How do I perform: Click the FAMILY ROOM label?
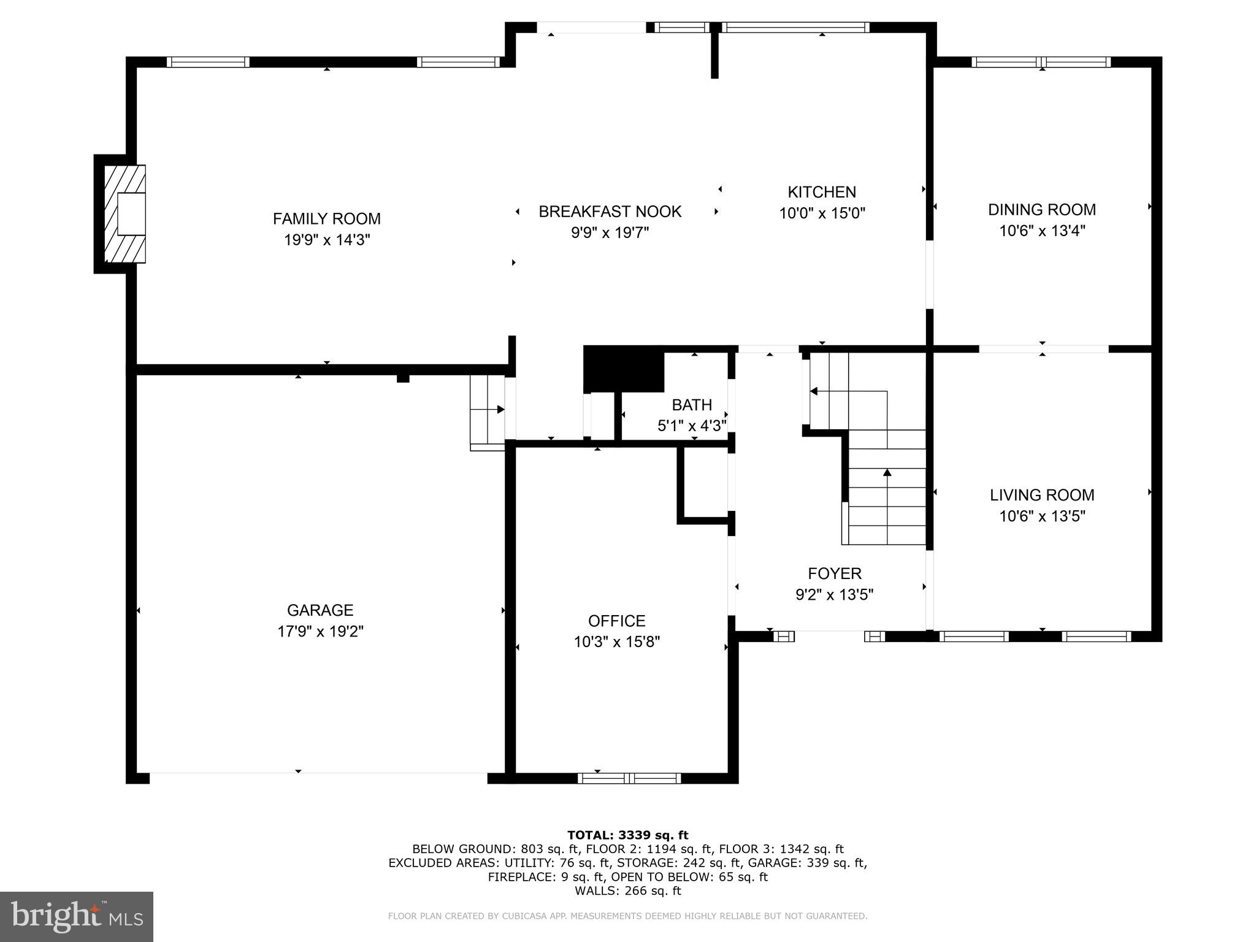(x=326, y=219)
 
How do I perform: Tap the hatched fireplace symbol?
(x=125, y=213)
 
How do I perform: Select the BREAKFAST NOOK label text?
(x=610, y=212)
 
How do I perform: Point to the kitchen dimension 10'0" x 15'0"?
(x=822, y=213)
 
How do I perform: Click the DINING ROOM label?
(x=1041, y=210)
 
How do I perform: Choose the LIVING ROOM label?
(x=1041, y=495)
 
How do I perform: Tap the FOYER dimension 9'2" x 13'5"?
(x=834, y=594)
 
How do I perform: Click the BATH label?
(x=692, y=405)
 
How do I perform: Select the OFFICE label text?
(x=616, y=621)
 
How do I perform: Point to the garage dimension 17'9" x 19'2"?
(x=320, y=631)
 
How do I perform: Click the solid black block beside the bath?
(x=624, y=369)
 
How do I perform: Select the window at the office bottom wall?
(x=629, y=778)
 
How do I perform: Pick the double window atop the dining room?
(x=1041, y=62)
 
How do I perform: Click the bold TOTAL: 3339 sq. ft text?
(x=627, y=835)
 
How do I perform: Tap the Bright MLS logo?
(x=77, y=916)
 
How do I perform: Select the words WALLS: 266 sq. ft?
(x=627, y=891)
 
